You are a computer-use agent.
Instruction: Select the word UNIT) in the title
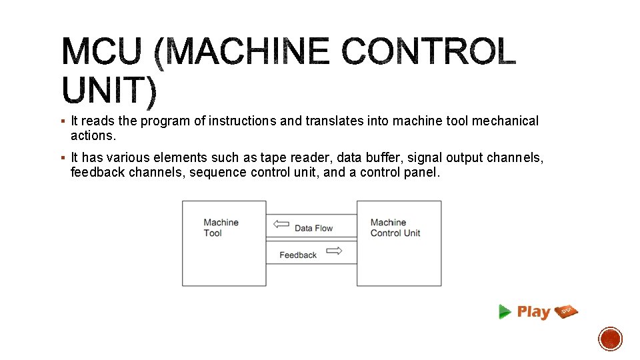(110, 91)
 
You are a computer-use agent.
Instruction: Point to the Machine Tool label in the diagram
(221, 227)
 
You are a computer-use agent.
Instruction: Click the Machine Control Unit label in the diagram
(395, 227)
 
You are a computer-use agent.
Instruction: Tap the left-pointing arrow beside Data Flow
(281, 225)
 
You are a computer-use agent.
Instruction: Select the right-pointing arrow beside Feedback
(335, 251)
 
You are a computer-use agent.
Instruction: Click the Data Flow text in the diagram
(313, 228)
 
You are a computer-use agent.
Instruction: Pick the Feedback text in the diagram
(298, 255)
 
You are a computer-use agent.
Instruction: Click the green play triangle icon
(505, 311)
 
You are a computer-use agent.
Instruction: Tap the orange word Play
(533, 311)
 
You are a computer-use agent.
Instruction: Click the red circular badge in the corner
(610, 339)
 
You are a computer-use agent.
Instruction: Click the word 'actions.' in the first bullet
(93, 135)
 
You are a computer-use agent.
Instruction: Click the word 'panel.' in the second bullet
(423, 172)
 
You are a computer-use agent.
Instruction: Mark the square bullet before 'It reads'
(62, 121)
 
